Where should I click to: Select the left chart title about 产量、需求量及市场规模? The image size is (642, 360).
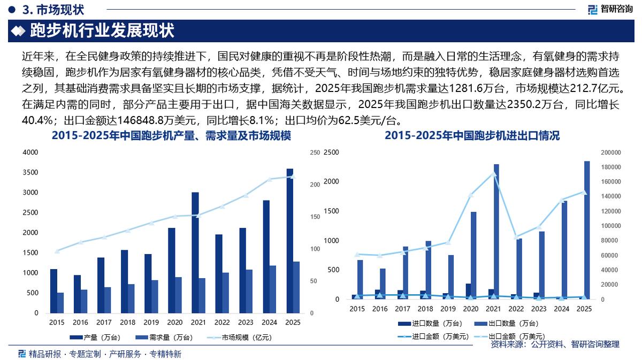[x=171, y=136]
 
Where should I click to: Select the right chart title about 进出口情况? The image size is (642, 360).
[x=472, y=136]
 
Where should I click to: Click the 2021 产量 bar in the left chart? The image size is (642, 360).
[x=195, y=252]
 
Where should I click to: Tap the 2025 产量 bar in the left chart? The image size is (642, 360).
[x=290, y=241]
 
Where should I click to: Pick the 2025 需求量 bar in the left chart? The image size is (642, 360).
[x=296, y=287]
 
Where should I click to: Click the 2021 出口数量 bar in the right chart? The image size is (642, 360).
[x=496, y=232]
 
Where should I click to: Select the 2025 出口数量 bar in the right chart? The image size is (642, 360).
[x=587, y=230]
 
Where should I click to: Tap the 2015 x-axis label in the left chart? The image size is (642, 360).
[x=57, y=323]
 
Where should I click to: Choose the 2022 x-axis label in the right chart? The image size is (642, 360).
[x=516, y=309]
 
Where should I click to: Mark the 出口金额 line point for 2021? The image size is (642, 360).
[x=493, y=173]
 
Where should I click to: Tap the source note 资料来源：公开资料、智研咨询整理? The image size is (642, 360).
[x=555, y=344]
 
